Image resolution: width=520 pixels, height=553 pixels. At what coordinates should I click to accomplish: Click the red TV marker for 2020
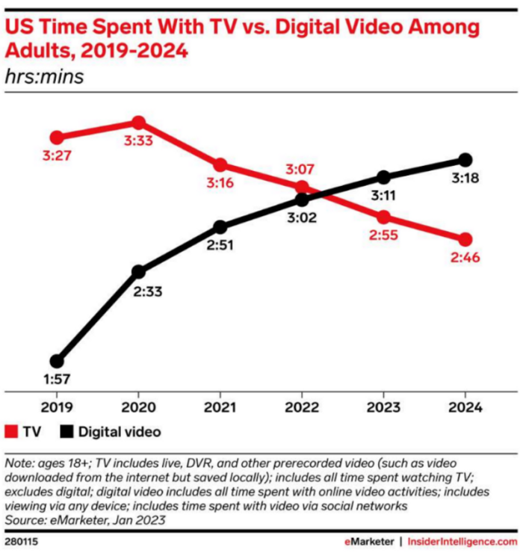[138, 123]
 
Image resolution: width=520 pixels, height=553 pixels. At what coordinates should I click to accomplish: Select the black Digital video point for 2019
[56, 361]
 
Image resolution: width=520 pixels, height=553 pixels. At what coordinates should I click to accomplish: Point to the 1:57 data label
[56, 380]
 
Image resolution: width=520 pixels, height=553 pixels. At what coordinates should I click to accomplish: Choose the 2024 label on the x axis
[465, 408]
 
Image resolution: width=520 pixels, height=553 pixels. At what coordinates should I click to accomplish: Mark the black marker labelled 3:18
[465, 160]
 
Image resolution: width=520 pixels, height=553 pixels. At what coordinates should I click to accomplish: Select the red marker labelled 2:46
[465, 239]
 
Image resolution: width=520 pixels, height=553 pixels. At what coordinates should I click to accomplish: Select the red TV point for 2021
[220, 165]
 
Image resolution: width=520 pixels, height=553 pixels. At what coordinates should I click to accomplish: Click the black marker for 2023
[383, 177]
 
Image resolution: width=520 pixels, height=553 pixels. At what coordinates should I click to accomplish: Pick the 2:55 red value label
[383, 236]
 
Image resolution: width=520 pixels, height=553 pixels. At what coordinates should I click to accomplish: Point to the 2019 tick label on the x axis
[56, 408]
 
